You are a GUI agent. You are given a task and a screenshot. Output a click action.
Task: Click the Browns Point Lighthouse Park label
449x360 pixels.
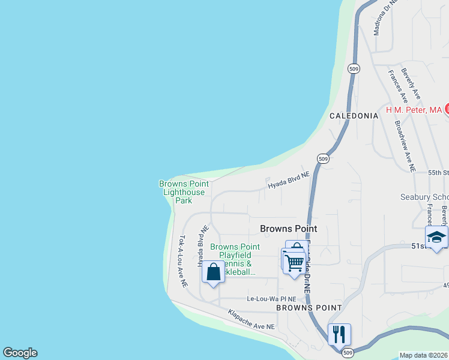184,192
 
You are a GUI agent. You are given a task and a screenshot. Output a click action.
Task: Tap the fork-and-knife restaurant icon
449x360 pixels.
339,334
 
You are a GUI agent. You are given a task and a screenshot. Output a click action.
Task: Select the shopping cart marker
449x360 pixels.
293,262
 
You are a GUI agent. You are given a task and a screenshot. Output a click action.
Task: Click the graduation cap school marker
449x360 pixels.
436,237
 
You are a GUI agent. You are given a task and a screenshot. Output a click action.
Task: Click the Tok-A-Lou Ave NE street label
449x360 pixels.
183,259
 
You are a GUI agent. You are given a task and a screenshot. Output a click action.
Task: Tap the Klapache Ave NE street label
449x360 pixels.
251,319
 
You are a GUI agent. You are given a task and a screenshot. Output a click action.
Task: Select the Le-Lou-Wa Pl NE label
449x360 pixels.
271,299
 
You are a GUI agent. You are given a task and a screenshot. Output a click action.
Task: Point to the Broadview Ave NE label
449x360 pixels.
405,147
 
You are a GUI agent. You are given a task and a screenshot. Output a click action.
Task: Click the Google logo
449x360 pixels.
20,353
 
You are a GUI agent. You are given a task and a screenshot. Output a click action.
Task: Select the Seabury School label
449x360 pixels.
424,197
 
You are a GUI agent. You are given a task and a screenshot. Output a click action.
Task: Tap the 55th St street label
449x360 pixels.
439,172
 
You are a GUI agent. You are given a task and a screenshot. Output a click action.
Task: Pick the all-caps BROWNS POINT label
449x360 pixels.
309,307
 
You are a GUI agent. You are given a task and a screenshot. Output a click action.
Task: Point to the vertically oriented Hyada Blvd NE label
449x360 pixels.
203,246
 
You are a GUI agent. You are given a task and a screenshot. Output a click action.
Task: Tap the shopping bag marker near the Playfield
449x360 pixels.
213,272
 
